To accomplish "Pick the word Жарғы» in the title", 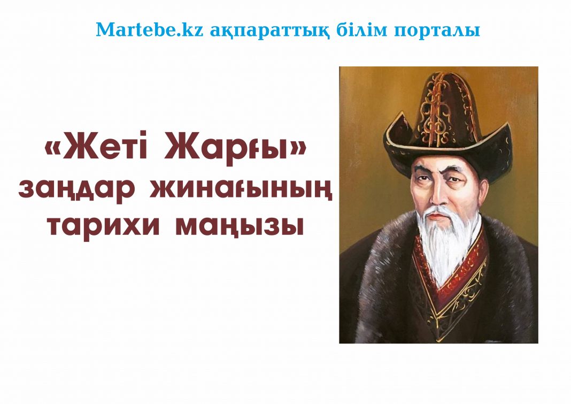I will click(236, 151).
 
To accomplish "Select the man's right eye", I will click(421, 181).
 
